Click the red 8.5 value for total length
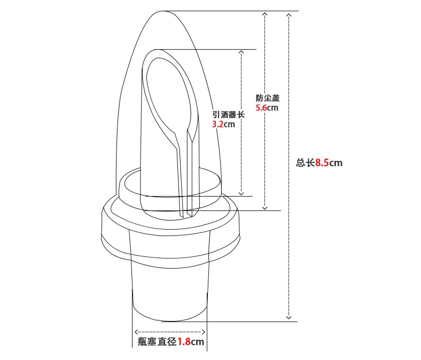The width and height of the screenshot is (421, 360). click(x=322, y=163)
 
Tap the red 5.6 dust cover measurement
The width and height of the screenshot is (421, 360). click(x=261, y=108)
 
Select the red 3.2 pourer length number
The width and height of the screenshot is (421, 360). click(x=218, y=124)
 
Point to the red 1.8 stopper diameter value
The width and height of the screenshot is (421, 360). click(x=184, y=341)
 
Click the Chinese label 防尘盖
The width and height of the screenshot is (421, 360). click(x=268, y=98)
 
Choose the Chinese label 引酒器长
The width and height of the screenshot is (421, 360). click(x=229, y=115)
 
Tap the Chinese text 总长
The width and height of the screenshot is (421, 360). click(x=306, y=163)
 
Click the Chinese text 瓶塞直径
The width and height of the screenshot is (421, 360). click(x=157, y=341)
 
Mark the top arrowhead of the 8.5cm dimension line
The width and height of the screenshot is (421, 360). click(x=289, y=14)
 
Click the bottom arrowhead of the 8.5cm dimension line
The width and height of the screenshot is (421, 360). click(x=289, y=318)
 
